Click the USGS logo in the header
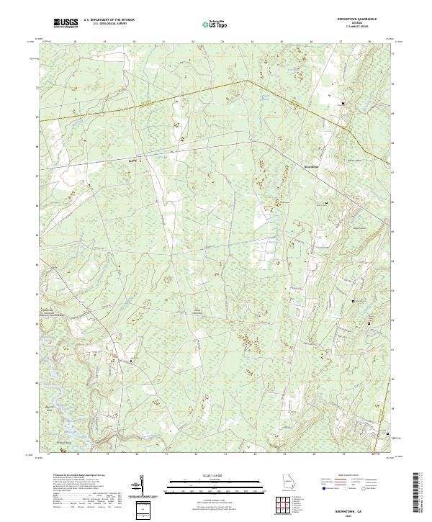[66, 23]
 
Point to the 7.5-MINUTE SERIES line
[357, 27]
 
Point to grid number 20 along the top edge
[135, 42]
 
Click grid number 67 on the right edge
[392, 173]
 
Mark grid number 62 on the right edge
[392, 319]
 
